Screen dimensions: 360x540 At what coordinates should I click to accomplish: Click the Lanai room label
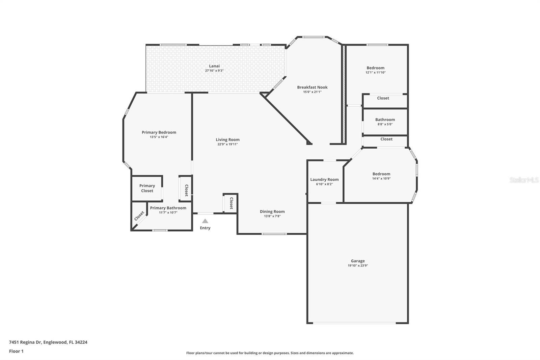[214, 66]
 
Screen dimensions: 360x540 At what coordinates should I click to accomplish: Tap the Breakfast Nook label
[312, 87]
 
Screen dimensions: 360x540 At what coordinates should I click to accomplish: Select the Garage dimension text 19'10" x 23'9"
[358, 266]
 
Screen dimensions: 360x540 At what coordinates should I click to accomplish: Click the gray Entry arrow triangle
[205, 221]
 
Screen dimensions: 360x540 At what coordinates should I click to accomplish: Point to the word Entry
[205, 228]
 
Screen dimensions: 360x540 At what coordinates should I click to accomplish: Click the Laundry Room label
[324, 179]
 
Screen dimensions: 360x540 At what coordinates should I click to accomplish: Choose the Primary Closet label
[147, 188]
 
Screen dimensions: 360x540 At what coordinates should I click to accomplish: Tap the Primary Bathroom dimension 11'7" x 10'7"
[168, 213]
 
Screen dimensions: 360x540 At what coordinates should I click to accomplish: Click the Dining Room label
[272, 211]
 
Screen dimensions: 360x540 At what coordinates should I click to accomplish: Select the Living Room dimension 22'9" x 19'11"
[227, 144]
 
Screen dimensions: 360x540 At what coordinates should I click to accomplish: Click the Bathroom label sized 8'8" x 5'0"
[385, 120]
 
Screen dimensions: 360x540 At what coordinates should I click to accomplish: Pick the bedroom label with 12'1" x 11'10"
[375, 68]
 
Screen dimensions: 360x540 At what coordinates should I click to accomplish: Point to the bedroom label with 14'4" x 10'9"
[381, 174]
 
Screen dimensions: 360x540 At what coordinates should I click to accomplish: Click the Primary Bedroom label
[159, 132]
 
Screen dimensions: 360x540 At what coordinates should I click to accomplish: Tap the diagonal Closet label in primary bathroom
[139, 216]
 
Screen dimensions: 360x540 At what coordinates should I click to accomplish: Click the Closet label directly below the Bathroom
[386, 139]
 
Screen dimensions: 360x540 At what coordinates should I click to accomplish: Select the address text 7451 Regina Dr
[25, 342]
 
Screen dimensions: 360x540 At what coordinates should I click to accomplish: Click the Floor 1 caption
[16, 351]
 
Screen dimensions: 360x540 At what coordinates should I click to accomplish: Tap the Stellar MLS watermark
[524, 180]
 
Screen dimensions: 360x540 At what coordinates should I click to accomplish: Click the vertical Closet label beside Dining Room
[231, 203]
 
